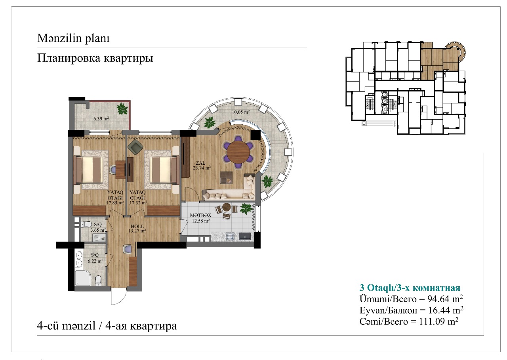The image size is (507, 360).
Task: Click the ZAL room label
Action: (200, 163)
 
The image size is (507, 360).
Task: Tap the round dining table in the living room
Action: (238, 152)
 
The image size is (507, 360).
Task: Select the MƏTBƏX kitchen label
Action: (200, 215)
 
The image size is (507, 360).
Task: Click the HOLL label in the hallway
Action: (137, 226)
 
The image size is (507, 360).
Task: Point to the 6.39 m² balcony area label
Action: (101, 118)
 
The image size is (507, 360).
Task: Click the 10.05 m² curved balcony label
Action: (240, 112)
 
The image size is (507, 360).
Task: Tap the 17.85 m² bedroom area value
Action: (115, 203)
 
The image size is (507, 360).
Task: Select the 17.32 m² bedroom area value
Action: (138, 203)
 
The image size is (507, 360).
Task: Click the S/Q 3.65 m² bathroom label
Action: (98, 227)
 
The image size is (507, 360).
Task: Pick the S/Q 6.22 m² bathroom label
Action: (95, 258)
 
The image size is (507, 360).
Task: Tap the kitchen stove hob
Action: (231, 237)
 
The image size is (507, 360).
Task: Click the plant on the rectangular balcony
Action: (122, 109)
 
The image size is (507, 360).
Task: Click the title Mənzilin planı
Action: (73, 38)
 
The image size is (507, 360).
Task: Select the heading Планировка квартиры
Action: (95, 58)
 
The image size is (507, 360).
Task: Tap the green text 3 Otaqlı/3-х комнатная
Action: (410, 288)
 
